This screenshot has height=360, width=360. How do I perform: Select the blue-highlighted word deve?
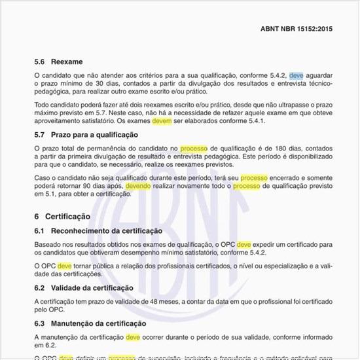pyautogui.click(x=297, y=75)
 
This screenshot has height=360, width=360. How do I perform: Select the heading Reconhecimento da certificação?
pyautogui.click(x=107, y=231)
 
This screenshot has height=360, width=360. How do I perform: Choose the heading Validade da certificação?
pyautogui.click(x=92, y=287)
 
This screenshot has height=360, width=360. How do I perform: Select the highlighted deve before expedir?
pyautogui.click(x=244, y=244)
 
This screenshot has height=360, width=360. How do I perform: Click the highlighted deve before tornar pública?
pyautogui.click(x=65, y=266)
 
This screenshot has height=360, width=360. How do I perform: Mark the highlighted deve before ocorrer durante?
pyautogui.click(x=133, y=336)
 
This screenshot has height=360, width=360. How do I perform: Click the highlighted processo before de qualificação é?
pyautogui.click(x=194, y=149)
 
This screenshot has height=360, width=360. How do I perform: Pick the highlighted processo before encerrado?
pyautogui.click(x=253, y=177)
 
